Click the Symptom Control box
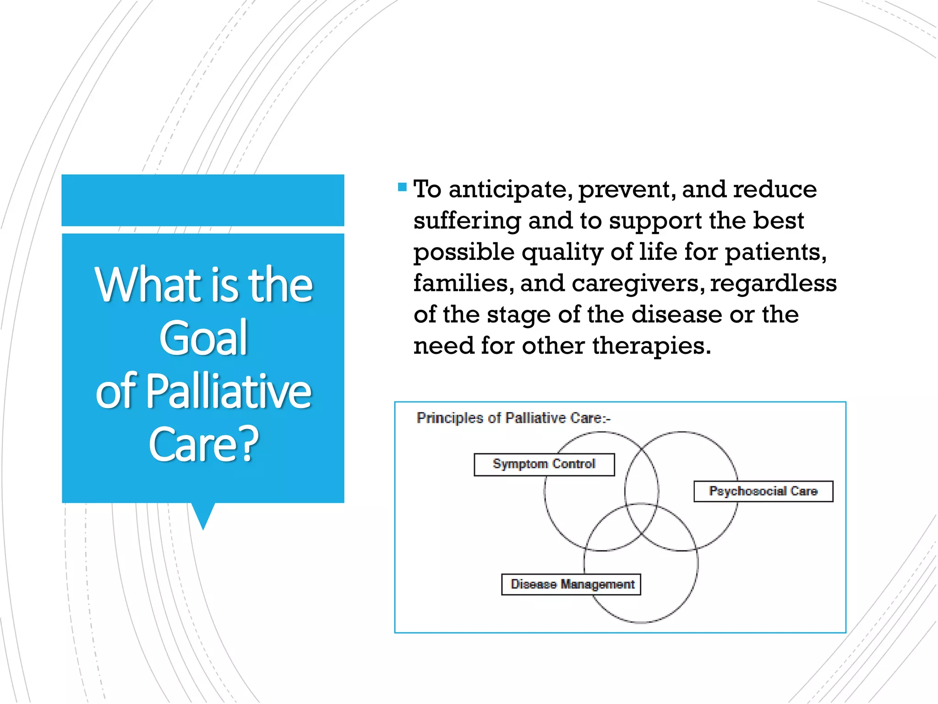coord(544,464)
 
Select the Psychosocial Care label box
coord(763,491)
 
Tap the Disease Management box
coord(571,584)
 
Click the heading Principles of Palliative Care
coord(513,418)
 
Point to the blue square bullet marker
coord(402,187)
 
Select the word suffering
coord(467,221)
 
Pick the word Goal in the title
coord(203,338)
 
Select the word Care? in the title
coord(203,444)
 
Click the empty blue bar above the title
coord(203,200)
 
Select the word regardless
coord(773,284)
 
